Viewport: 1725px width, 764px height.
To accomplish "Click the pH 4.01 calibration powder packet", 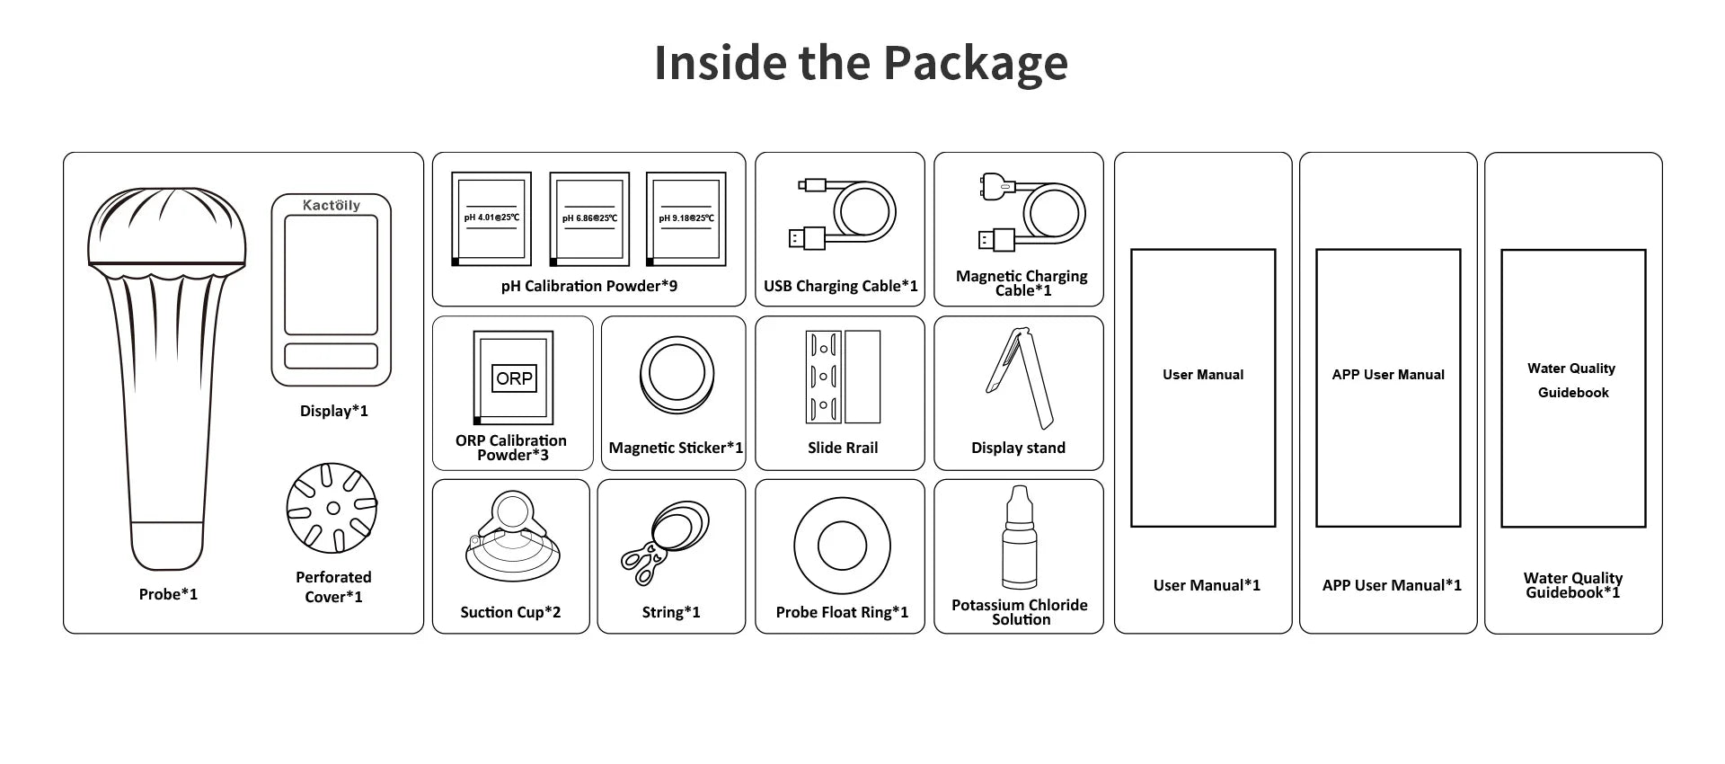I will point(491,219).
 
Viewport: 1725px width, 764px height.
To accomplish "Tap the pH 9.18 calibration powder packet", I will point(686,219).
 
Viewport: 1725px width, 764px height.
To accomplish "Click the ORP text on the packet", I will point(514,378).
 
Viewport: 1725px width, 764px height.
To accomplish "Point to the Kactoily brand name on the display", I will point(332,205).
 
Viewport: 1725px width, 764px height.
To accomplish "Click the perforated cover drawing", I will point(332,508).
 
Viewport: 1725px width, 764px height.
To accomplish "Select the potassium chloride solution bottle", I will point(1019,538).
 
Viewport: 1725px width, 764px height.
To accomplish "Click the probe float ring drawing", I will point(842,546).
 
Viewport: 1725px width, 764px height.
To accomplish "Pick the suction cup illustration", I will point(512,539).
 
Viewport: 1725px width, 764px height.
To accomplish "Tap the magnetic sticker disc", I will point(677,375).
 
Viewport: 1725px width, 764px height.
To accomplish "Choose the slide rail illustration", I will point(842,377).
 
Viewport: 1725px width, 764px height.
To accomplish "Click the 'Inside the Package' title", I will point(861,63).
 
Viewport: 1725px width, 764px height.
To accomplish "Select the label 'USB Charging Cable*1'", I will point(840,286).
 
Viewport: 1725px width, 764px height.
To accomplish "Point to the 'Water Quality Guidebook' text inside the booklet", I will point(1572,380).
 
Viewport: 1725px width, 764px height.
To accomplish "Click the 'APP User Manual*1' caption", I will point(1391,585).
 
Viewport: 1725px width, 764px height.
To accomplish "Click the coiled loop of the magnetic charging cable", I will point(1053,214).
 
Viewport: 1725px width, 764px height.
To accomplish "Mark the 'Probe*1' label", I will point(168,594).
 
